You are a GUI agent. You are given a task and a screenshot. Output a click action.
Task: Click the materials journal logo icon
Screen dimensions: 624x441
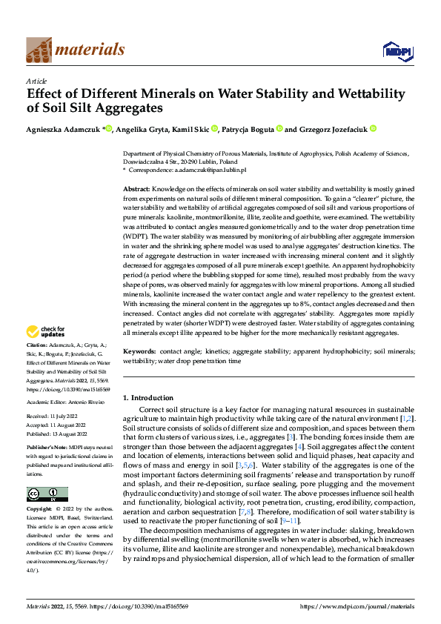point(39,49)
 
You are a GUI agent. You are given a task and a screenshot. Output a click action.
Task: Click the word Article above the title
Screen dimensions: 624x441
point(36,81)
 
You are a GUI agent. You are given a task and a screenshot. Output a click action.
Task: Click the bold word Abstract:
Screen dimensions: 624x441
point(137,190)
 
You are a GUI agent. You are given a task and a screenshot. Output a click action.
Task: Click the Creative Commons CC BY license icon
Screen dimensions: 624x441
point(47,494)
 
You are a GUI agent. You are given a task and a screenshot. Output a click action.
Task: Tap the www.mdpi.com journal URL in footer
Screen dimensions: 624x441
point(357,606)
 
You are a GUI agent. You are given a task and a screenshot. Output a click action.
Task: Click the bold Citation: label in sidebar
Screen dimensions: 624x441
point(37,346)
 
